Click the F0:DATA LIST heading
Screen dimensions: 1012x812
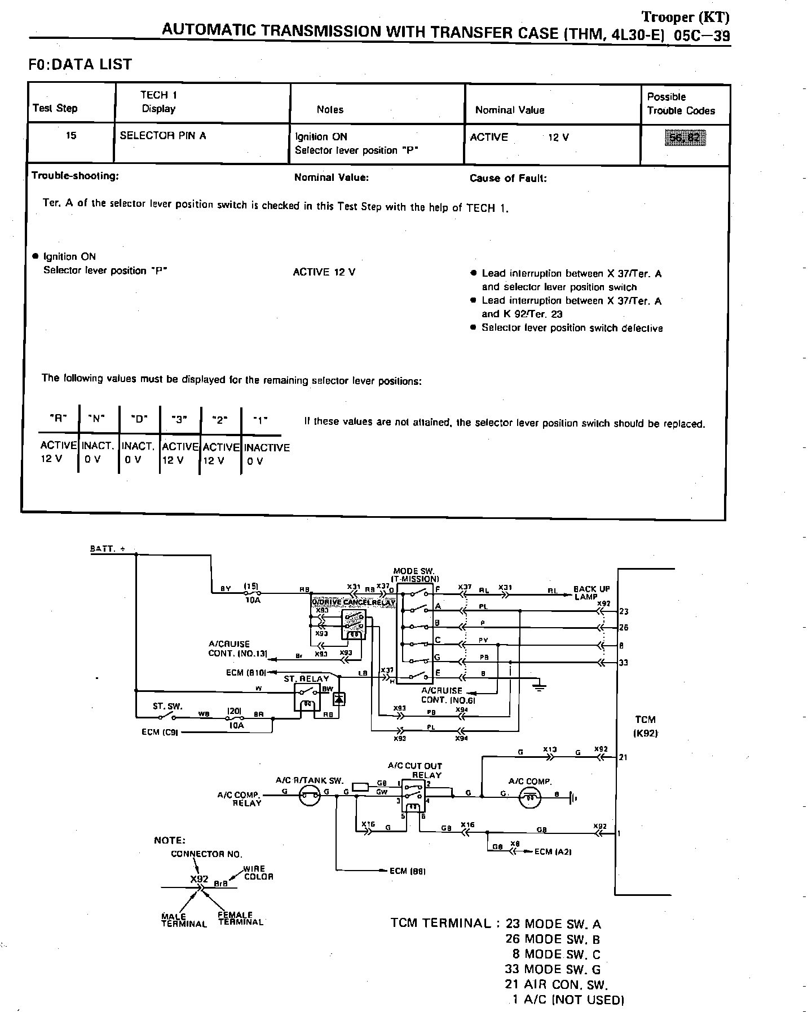80,65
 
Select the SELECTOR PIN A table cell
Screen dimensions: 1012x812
163,136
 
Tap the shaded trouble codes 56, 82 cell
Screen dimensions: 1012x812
685,137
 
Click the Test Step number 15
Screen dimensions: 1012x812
71,136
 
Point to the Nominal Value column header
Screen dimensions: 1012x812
510,110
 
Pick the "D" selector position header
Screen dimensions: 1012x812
139,419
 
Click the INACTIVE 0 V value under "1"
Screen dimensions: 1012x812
267,454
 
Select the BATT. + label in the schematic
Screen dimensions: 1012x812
108,549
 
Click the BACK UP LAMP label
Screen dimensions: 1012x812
592,593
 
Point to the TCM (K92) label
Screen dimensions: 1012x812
646,726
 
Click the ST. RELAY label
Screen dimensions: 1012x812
306,679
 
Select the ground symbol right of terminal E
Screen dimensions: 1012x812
539,686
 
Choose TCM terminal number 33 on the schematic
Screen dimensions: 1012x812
623,663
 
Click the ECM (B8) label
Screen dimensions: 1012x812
407,871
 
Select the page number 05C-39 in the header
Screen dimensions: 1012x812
701,36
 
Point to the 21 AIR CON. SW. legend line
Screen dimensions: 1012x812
556,984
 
